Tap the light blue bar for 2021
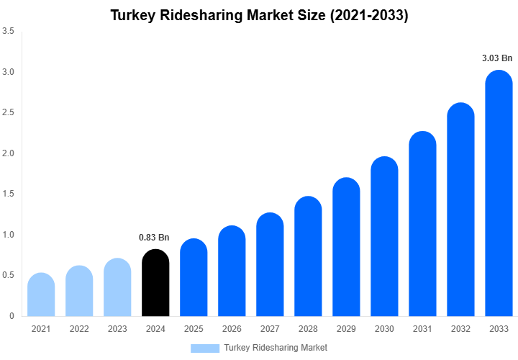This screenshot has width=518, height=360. pyautogui.click(x=41, y=294)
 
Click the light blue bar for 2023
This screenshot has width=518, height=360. pyautogui.click(x=117, y=287)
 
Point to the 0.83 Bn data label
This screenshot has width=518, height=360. pyautogui.click(x=154, y=238)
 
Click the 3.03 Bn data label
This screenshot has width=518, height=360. pyautogui.click(x=497, y=58)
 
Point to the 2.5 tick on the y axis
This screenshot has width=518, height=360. pyautogui.click(x=8, y=112)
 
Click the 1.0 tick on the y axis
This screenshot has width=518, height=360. pyautogui.click(x=8, y=235)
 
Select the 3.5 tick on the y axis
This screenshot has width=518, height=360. pyautogui.click(x=8, y=32)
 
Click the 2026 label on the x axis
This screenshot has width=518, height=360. pyautogui.click(x=232, y=329)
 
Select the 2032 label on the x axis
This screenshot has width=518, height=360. pyautogui.click(x=460, y=329)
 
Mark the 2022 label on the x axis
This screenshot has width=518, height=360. pyautogui.click(x=79, y=329)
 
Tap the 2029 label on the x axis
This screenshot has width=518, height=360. pyautogui.click(x=346, y=329)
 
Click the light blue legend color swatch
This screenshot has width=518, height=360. pyautogui.click(x=204, y=348)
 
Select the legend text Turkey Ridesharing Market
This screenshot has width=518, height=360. pyautogui.click(x=276, y=348)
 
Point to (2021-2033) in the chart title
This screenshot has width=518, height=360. pyautogui.click(x=367, y=15)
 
